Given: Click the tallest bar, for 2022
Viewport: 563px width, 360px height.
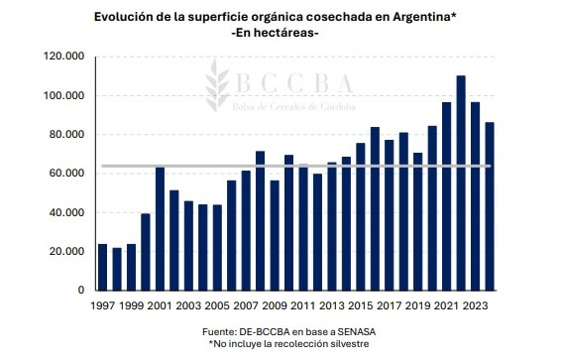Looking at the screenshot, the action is pos(461,182).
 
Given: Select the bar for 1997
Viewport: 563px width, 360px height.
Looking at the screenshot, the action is pos(103,268).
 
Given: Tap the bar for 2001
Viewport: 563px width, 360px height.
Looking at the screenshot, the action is pos(161,228).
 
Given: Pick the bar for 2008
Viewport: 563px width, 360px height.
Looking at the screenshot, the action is pos(261,220).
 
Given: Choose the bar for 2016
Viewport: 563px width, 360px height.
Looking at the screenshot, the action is pos(375,208).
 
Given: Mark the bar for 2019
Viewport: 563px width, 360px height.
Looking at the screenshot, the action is pos(418,222).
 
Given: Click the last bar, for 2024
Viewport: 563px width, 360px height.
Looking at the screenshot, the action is pos(490,206).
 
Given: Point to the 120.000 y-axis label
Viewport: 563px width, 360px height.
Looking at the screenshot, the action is pos(64,57).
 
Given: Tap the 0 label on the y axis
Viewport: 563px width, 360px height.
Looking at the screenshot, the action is pos(81,290).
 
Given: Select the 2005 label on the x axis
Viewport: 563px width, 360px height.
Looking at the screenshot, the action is pos(217,305).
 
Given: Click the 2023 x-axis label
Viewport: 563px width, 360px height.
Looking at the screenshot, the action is pos(475,305).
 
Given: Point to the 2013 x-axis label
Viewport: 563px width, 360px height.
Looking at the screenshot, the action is pos(332,305).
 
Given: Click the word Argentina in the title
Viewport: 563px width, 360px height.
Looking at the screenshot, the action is pos(421,18).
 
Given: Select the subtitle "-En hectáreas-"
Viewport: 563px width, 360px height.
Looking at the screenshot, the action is pos(276,33).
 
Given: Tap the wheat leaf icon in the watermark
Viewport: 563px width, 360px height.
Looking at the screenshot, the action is pos(217,85).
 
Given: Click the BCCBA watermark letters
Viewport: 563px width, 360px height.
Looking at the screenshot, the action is pos(294,83).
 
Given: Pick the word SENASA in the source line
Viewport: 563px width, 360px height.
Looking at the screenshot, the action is pos(355,331).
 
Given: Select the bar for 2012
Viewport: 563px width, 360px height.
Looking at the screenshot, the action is pos(317,232).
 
